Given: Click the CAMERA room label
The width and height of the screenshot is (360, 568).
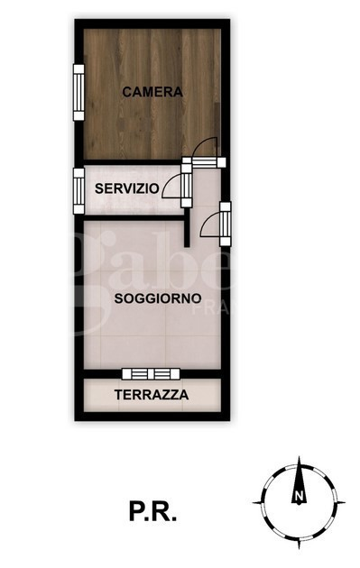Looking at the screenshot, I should [152, 92].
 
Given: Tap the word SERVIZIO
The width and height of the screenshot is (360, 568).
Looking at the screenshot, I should [128, 189].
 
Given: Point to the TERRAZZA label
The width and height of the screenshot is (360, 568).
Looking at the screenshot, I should [151, 395].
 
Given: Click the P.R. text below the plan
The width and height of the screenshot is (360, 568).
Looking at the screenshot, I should [152, 512].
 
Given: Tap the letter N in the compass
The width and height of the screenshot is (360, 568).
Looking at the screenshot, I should [298, 497].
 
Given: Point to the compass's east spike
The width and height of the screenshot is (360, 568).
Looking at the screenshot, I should [340, 501].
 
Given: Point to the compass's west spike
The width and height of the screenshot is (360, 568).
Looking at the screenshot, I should [256, 502].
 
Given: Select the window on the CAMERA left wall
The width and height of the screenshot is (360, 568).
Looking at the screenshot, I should [78, 90].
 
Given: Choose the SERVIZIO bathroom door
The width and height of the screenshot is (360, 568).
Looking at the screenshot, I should [186, 187].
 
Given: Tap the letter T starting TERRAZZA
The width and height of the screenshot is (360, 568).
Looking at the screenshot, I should [118, 395].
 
